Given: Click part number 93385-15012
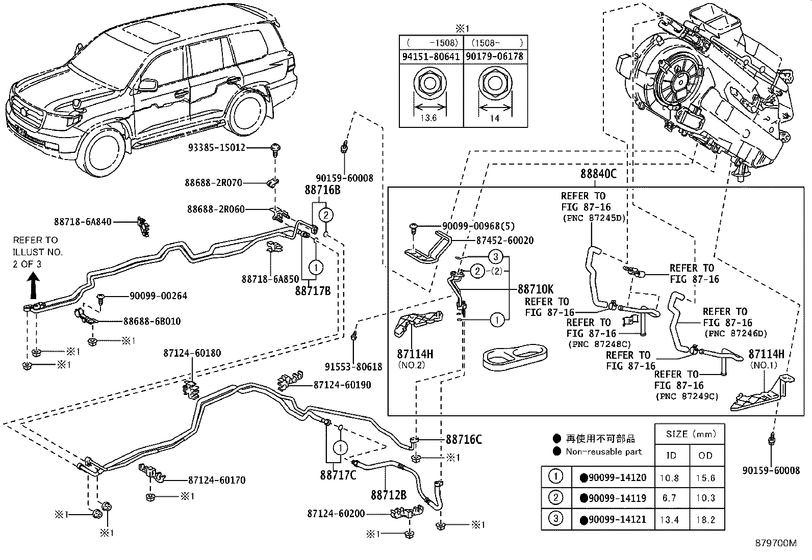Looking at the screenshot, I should (x=216, y=148).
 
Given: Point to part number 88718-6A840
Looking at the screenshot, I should (x=83, y=222).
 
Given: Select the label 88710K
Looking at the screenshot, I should (x=536, y=289).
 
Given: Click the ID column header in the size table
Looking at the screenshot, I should (x=671, y=455).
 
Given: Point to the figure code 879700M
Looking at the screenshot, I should (x=775, y=543).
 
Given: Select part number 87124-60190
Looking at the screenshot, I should (x=342, y=385).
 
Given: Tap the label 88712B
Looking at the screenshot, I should (x=388, y=495).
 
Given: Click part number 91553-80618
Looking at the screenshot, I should (x=353, y=366).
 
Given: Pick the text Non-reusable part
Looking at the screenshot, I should (x=603, y=451).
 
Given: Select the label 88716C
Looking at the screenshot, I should (x=463, y=439).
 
